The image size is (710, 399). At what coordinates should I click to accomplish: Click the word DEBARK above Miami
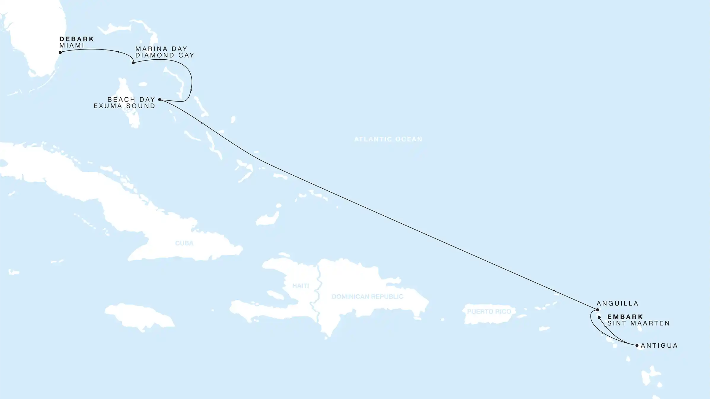click(x=77, y=39)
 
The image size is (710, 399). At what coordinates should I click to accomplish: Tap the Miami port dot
click(x=60, y=53)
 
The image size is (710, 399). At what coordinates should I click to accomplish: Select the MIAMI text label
click(x=72, y=46)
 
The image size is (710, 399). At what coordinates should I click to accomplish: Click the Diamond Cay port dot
click(x=133, y=63)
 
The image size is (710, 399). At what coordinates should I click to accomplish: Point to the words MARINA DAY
click(x=161, y=49)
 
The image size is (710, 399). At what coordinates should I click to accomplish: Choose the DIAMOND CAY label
click(x=165, y=55)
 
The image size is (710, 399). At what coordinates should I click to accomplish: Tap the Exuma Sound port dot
click(x=160, y=100)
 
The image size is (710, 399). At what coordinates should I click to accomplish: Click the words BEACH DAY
click(x=131, y=99)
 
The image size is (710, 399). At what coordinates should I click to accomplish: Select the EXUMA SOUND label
click(x=125, y=106)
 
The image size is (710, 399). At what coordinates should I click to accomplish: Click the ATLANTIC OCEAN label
click(x=388, y=139)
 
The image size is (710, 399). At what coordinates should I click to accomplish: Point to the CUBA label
click(x=184, y=243)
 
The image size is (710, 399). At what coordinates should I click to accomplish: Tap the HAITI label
click(x=301, y=286)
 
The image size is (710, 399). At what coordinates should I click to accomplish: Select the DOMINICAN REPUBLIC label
click(x=367, y=297)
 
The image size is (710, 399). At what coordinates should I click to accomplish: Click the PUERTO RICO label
click(x=489, y=312)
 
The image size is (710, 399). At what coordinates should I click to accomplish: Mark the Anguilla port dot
click(x=598, y=310)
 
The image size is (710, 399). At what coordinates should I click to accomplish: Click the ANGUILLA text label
click(x=618, y=303)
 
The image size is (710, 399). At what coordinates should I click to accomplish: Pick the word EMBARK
click(x=625, y=317)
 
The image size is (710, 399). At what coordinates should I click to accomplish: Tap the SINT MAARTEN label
click(x=639, y=323)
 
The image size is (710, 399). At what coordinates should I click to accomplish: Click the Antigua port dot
click(x=637, y=345)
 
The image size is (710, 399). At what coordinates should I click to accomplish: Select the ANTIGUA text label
click(x=659, y=346)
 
